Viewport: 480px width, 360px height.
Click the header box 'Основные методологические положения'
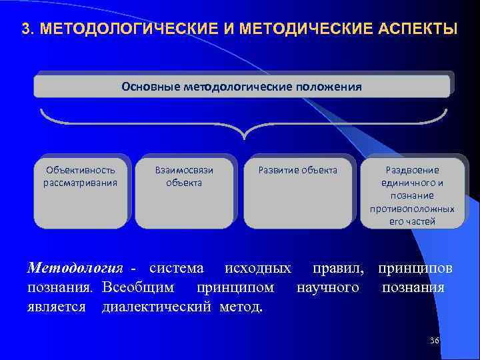(242, 86)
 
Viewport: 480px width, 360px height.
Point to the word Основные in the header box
(143, 86)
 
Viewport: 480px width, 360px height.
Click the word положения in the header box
(329, 86)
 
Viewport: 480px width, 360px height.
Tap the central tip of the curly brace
(244, 135)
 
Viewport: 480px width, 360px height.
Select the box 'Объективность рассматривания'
(80, 193)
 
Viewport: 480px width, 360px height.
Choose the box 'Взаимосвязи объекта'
(184, 193)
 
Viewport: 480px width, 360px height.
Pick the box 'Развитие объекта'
(298, 193)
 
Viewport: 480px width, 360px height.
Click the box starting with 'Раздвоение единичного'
(412, 193)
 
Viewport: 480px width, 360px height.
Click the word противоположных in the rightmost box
(412, 209)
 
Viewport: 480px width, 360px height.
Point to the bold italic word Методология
(75, 269)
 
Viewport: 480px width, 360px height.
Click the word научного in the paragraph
(327, 287)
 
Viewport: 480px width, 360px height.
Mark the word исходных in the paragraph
(257, 269)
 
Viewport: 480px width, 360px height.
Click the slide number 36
(435, 341)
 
